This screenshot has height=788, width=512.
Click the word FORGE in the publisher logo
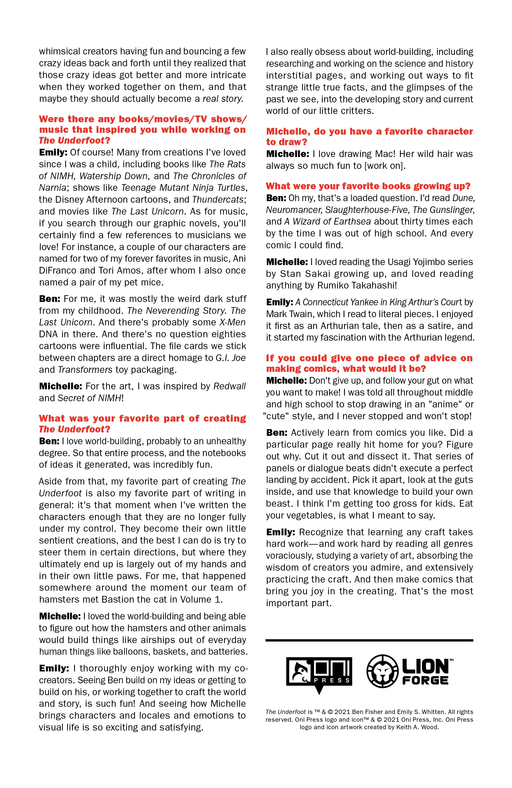pyautogui.click(x=425, y=680)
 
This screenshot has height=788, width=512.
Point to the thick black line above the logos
pyautogui.click(x=369, y=640)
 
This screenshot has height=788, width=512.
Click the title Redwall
pyautogui.click(x=229, y=386)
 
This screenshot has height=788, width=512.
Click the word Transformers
pyautogui.click(x=85, y=370)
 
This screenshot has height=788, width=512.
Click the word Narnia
pyautogui.click(x=53, y=188)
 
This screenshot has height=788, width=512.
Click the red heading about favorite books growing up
pyautogui.click(x=368, y=186)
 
